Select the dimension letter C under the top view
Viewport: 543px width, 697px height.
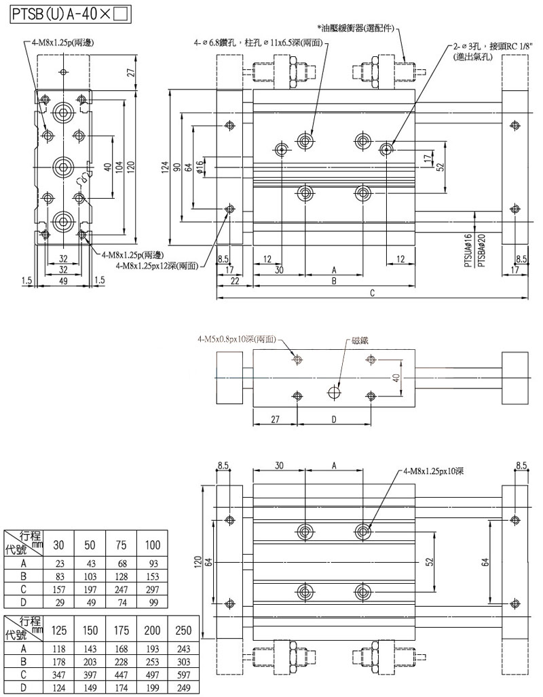coord(372,293)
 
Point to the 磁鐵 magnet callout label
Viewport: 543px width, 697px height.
coord(361,343)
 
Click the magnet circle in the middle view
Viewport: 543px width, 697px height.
coord(333,392)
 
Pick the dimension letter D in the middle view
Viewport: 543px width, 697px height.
coord(334,420)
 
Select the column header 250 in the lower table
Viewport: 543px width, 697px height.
coord(183,630)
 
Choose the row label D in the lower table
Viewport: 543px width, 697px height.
coord(24,688)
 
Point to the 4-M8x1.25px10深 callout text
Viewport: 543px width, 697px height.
coord(434,470)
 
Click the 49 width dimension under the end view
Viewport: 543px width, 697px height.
coord(63,280)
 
